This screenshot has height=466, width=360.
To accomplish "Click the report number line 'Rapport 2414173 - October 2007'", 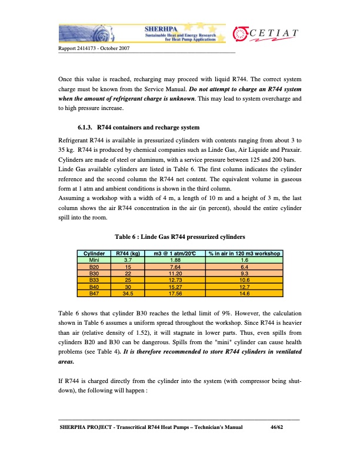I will click(94, 48).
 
